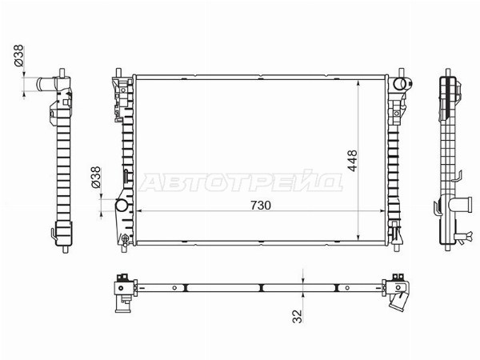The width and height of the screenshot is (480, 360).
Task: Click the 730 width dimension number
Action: (x=261, y=206)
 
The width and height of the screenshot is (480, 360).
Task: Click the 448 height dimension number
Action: (x=352, y=161)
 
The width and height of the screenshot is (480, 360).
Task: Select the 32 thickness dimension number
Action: (x=298, y=316)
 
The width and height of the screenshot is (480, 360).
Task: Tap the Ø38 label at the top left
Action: (x=18, y=55)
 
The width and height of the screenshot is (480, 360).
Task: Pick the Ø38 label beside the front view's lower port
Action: (x=96, y=177)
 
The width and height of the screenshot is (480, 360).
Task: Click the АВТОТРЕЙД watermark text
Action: (x=241, y=182)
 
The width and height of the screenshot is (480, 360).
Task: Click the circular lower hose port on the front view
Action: (x=122, y=205)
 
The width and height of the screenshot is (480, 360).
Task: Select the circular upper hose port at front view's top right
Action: (x=399, y=83)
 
